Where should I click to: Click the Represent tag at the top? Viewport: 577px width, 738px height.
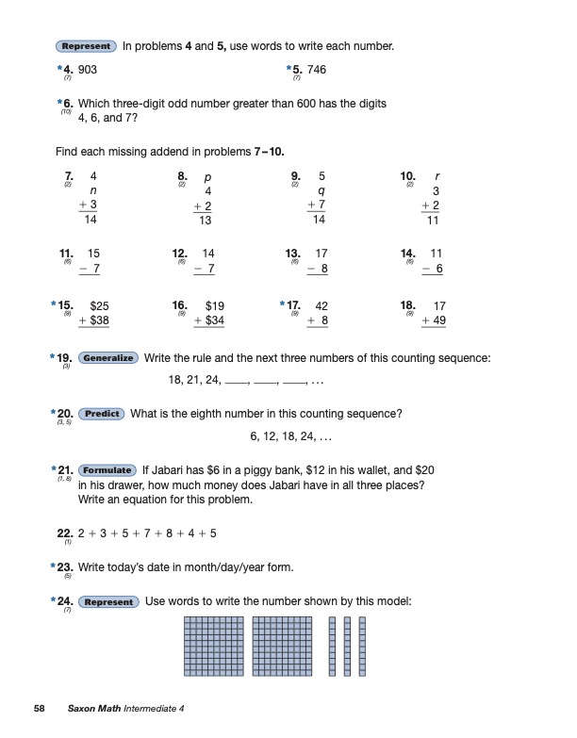pyautogui.click(x=86, y=46)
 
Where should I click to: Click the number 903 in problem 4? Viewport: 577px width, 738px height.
pyautogui.click(x=88, y=70)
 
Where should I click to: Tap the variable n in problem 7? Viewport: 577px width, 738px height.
pyautogui.click(x=92, y=190)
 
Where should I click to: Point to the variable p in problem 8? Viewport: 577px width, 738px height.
pyautogui.click(x=207, y=176)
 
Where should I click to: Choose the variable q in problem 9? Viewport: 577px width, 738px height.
pyautogui.click(x=321, y=190)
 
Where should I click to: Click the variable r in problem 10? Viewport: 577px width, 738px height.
pyautogui.click(x=437, y=176)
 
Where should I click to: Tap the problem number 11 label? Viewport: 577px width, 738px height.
pyautogui.click(x=66, y=253)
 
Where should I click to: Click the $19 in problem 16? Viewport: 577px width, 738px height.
pyautogui.click(x=215, y=305)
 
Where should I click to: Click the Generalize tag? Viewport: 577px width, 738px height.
pyautogui.click(x=108, y=358)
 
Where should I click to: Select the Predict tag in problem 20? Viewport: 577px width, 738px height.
pyautogui.click(x=101, y=414)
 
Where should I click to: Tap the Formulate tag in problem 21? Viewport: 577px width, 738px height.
pyautogui.click(x=107, y=469)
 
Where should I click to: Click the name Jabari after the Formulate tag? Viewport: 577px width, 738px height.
pyautogui.click(x=171, y=469)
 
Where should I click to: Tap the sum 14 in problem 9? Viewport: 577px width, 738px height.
pyautogui.click(x=319, y=220)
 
